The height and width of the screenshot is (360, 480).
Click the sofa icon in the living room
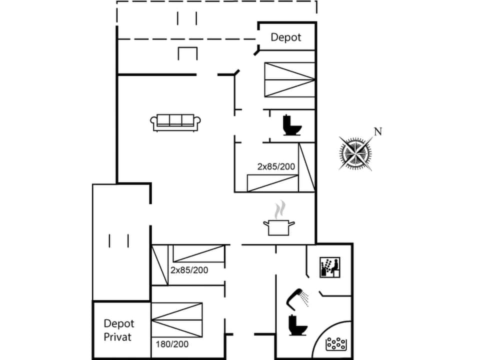(x=175, y=122)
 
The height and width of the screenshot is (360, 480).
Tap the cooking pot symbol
(x=278, y=227)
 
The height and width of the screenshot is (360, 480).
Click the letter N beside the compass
(x=378, y=131)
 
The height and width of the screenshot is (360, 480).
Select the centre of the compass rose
(x=355, y=153)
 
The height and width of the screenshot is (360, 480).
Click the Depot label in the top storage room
(x=286, y=37)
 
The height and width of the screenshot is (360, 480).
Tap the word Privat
(x=117, y=337)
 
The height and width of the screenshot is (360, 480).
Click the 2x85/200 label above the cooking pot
(x=276, y=166)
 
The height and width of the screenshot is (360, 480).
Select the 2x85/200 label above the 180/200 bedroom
(x=189, y=270)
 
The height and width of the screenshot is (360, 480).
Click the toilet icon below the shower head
(x=298, y=325)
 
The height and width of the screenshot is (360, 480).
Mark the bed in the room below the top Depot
(x=289, y=79)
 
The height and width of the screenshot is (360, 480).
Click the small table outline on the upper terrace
(x=187, y=53)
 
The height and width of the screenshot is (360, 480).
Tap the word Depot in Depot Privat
(x=119, y=323)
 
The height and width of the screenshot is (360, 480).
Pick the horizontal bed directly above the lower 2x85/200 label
(x=198, y=253)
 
